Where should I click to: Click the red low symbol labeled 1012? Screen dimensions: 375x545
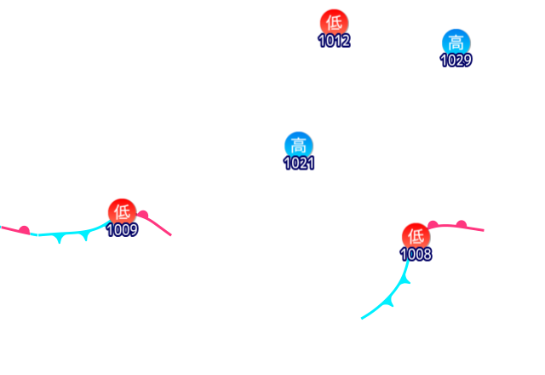(x=334, y=22)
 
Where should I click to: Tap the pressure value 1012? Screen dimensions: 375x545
(x=334, y=40)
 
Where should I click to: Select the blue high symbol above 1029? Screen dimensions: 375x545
(x=456, y=42)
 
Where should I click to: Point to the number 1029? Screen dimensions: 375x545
(x=456, y=60)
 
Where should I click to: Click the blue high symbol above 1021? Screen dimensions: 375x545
(x=298, y=145)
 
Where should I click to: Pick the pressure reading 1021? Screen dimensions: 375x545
(x=299, y=163)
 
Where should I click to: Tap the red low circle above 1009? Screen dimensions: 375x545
(x=122, y=211)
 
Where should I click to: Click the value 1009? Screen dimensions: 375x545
(x=123, y=230)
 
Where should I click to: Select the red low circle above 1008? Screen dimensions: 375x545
(x=416, y=236)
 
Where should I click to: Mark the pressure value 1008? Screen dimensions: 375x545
(x=416, y=254)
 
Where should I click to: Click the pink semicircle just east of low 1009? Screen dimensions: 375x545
(x=143, y=215)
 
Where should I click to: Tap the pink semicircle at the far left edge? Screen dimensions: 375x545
(x=24, y=229)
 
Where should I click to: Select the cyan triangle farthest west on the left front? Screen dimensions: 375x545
(x=58, y=239)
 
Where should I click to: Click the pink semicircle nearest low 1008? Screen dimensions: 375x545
(x=433, y=225)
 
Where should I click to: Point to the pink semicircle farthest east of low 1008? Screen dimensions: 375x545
(x=461, y=224)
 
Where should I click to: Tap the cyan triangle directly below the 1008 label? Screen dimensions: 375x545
(x=407, y=278)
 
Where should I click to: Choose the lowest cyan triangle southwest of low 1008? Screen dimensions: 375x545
(x=391, y=300)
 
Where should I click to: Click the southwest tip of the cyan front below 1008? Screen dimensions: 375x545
(x=362, y=319)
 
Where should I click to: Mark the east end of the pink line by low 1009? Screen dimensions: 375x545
(x=170, y=234)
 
